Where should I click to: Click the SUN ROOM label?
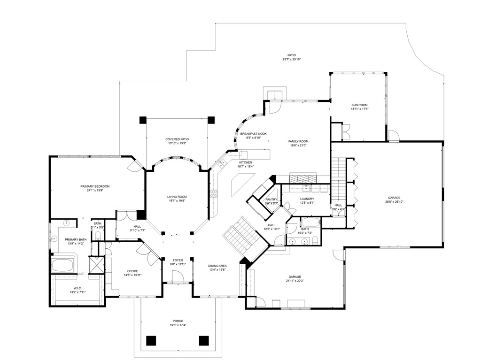pos(359,105)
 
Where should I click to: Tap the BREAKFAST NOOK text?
pos(253,134)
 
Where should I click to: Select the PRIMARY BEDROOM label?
pos(98,186)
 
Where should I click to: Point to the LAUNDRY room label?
pos(307,199)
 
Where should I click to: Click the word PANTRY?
pos(271,199)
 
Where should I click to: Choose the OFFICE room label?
pos(132,271)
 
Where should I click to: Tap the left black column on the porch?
pos(151,340)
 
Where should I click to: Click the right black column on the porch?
pos(203,340)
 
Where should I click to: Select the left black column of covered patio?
pos(142,120)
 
